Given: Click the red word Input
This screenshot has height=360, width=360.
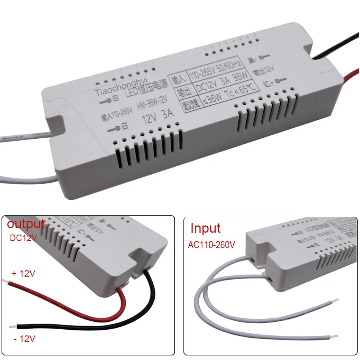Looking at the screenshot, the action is (x=205, y=229).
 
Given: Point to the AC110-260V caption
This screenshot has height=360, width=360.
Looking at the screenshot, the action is (x=211, y=245).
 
